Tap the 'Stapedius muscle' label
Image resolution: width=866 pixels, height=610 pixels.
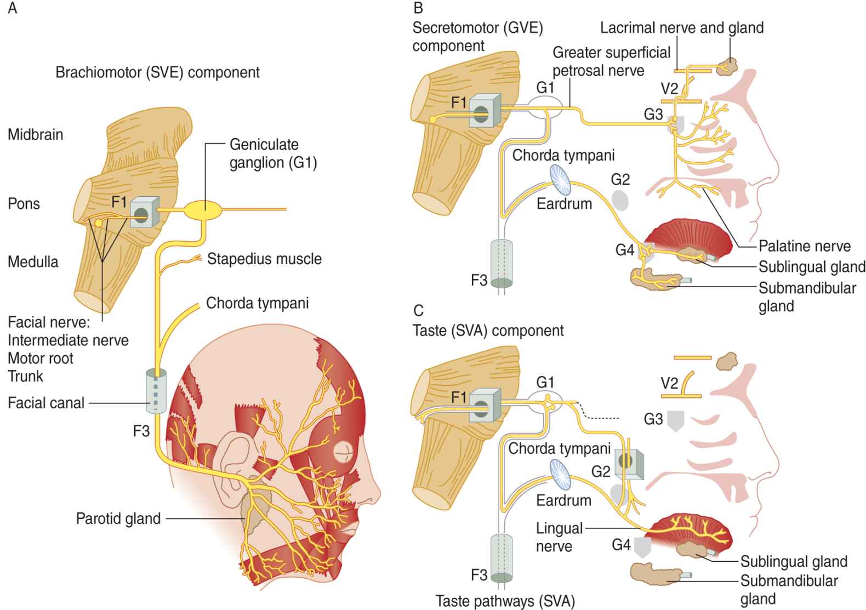264,259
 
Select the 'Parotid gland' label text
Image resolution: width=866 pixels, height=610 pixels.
118,518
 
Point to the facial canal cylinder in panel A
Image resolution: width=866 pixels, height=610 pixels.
156,391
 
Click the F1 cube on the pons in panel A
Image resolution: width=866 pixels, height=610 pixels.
144,213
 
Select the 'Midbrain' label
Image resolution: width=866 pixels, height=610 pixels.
35,134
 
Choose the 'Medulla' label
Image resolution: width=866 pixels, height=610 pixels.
33,261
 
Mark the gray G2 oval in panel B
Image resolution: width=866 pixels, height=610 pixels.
620,200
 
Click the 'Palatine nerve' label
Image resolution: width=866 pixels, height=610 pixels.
804,246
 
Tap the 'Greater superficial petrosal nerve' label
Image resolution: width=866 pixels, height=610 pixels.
611,61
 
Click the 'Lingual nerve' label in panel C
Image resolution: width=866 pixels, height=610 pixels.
559,537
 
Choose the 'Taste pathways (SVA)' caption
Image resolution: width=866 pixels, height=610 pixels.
505,601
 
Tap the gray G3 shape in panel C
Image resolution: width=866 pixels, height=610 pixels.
676,421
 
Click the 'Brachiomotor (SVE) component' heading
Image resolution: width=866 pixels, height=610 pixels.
158,72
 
